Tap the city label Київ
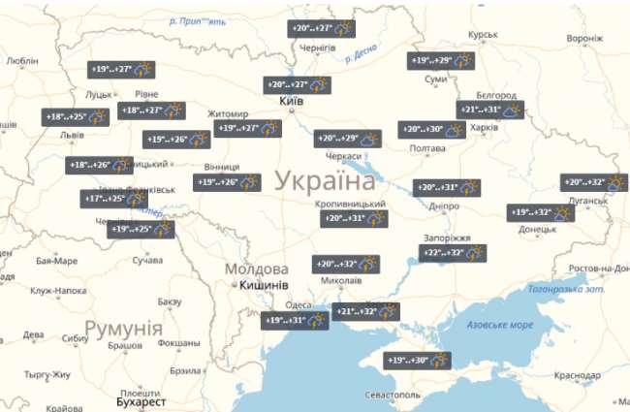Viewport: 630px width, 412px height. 290,102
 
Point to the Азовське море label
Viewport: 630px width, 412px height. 500,324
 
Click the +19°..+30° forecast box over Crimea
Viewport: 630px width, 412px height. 418,361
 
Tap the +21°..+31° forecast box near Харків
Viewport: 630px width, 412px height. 490,110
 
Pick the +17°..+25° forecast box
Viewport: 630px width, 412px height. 114,200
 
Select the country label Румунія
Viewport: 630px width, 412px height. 123,328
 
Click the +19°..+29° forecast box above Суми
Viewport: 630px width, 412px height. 441,61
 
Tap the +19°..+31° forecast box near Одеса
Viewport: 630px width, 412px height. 295,321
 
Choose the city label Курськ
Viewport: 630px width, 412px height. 482,35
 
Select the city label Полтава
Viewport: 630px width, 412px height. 427,148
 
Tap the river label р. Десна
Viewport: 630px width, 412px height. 360,56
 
